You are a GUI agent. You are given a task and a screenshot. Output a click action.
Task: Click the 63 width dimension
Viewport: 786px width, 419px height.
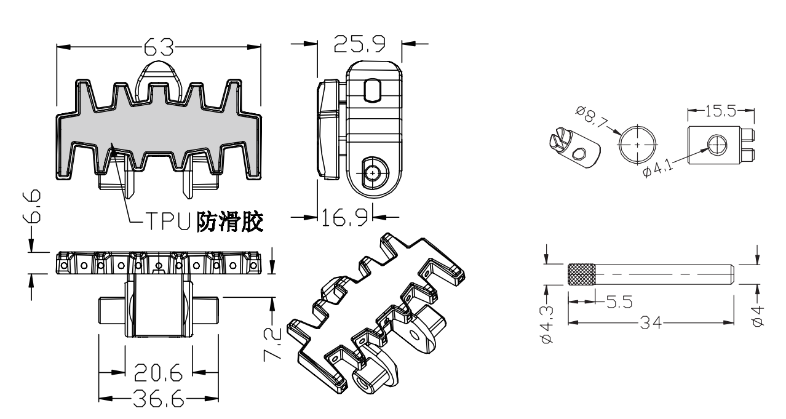[x=159, y=47]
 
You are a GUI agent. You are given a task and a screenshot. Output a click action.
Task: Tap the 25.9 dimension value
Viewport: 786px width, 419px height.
[x=359, y=44]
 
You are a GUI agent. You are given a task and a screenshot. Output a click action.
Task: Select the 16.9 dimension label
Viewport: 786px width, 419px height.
[x=344, y=217]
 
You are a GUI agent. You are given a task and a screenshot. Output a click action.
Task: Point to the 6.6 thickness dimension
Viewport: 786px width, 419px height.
[x=32, y=206]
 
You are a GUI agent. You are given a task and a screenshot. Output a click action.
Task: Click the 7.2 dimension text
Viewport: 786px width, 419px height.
[x=272, y=345]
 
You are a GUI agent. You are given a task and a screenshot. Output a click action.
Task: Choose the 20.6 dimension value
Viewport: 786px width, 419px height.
[x=159, y=372]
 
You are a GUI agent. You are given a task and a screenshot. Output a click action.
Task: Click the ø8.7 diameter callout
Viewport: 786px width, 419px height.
[x=592, y=117]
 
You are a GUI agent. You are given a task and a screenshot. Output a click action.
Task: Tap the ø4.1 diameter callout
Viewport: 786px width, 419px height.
[x=658, y=169]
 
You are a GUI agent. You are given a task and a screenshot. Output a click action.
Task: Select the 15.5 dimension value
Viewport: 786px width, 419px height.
[x=720, y=111]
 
